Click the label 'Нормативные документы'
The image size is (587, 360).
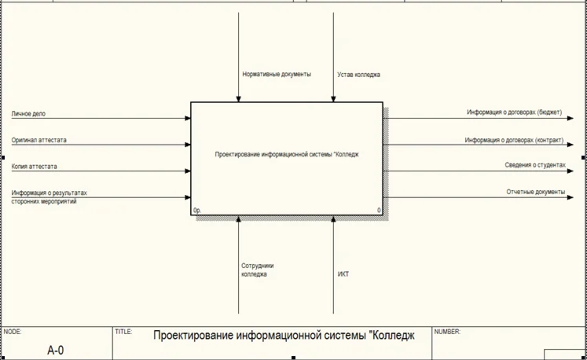(x=277, y=75)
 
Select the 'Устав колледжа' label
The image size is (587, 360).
(x=358, y=75)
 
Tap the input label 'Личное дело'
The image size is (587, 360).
(x=28, y=114)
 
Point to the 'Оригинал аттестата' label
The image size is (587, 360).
(x=39, y=140)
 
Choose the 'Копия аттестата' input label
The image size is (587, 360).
(x=34, y=167)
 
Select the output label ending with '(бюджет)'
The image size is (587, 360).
(x=514, y=112)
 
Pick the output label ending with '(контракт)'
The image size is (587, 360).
(x=514, y=140)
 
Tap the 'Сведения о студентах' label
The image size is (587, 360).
(x=535, y=165)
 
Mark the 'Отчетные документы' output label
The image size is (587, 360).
(x=536, y=192)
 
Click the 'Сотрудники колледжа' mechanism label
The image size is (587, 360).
(x=258, y=270)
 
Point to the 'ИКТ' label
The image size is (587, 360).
(x=343, y=274)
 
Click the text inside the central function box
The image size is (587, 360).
(x=287, y=155)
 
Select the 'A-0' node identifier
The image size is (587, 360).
(x=56, y=350)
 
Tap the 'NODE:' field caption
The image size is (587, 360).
(x=13, y=332)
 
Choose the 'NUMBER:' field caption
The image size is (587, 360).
(x=447, y=332)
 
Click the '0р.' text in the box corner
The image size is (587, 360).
(x=198, y=211)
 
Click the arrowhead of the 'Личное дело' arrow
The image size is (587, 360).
(x=188, y=119)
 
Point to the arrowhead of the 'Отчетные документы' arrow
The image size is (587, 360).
(x=570, y=197)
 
